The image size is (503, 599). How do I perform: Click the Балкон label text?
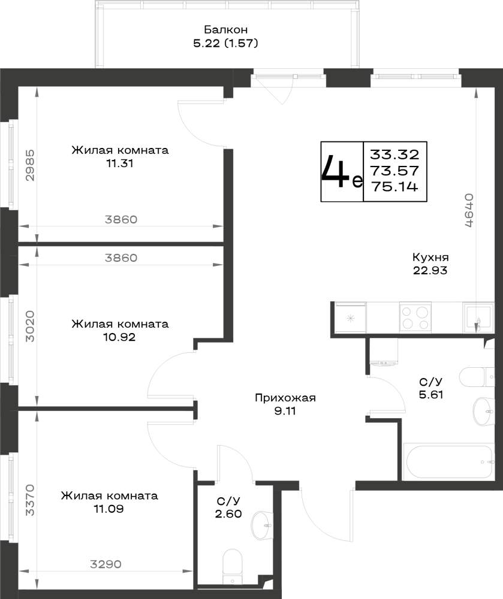(x=225, y=29)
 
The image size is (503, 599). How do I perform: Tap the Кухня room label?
(x=430, y=257)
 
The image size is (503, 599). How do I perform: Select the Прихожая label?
(x=285, y=398)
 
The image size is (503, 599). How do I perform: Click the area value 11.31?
(x=120, y=164)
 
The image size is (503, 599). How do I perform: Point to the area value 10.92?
(x=119, y=337)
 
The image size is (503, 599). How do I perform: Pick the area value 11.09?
(x=109, y=509)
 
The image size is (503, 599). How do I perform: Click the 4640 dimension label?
(x=469, y=210)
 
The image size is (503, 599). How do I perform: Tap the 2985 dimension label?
(x=30, y=165)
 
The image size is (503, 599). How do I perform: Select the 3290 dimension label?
(x=106, y=564)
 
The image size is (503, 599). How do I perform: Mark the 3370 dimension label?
(x=30, y=500)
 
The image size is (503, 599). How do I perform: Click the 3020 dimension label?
(x=30, y=326)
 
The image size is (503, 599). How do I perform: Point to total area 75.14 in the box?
(x=395, y=187)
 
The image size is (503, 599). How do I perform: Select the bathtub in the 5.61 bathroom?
(x=448, y=461)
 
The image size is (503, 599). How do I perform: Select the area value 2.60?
(x=228, y=514)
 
